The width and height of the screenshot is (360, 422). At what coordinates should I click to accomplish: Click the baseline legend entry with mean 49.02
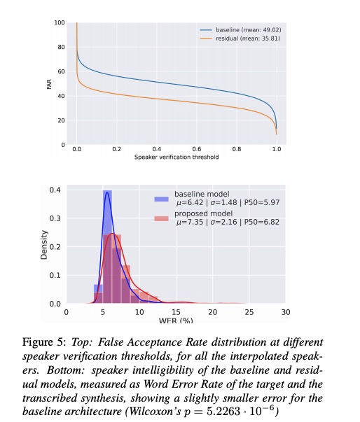(240, 30)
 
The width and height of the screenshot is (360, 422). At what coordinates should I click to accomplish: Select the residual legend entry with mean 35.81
(240, 38)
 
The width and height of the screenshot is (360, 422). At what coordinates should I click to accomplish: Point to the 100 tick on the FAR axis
(60, 22)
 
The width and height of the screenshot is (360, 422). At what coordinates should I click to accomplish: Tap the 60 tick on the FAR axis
(62, 71)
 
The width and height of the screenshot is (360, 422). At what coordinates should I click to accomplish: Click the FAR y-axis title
(49, 84)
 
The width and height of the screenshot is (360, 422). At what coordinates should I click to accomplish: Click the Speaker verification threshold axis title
(176, 157)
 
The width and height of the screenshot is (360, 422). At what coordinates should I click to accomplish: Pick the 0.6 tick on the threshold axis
(197, 149)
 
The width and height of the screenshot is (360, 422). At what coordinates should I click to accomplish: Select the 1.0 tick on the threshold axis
(277, 149)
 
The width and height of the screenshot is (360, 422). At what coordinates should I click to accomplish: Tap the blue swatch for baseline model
(161, 199)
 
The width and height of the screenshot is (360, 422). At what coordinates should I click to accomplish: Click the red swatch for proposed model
(161, 218)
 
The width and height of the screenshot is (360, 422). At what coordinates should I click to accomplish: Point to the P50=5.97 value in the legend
(262, 203)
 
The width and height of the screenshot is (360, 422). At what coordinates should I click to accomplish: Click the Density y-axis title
(44, 245)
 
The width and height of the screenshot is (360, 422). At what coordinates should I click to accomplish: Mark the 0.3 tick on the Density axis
(55, 218)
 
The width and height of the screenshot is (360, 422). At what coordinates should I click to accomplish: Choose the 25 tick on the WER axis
(249, 312)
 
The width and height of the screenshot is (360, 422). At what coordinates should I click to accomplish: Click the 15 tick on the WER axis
(176, 312)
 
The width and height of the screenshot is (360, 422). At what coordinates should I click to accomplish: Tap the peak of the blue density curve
(107, 192)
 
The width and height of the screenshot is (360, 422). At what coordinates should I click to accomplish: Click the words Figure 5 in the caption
(44, 342)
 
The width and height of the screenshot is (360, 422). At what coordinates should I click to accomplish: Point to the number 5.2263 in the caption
(223, 412)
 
